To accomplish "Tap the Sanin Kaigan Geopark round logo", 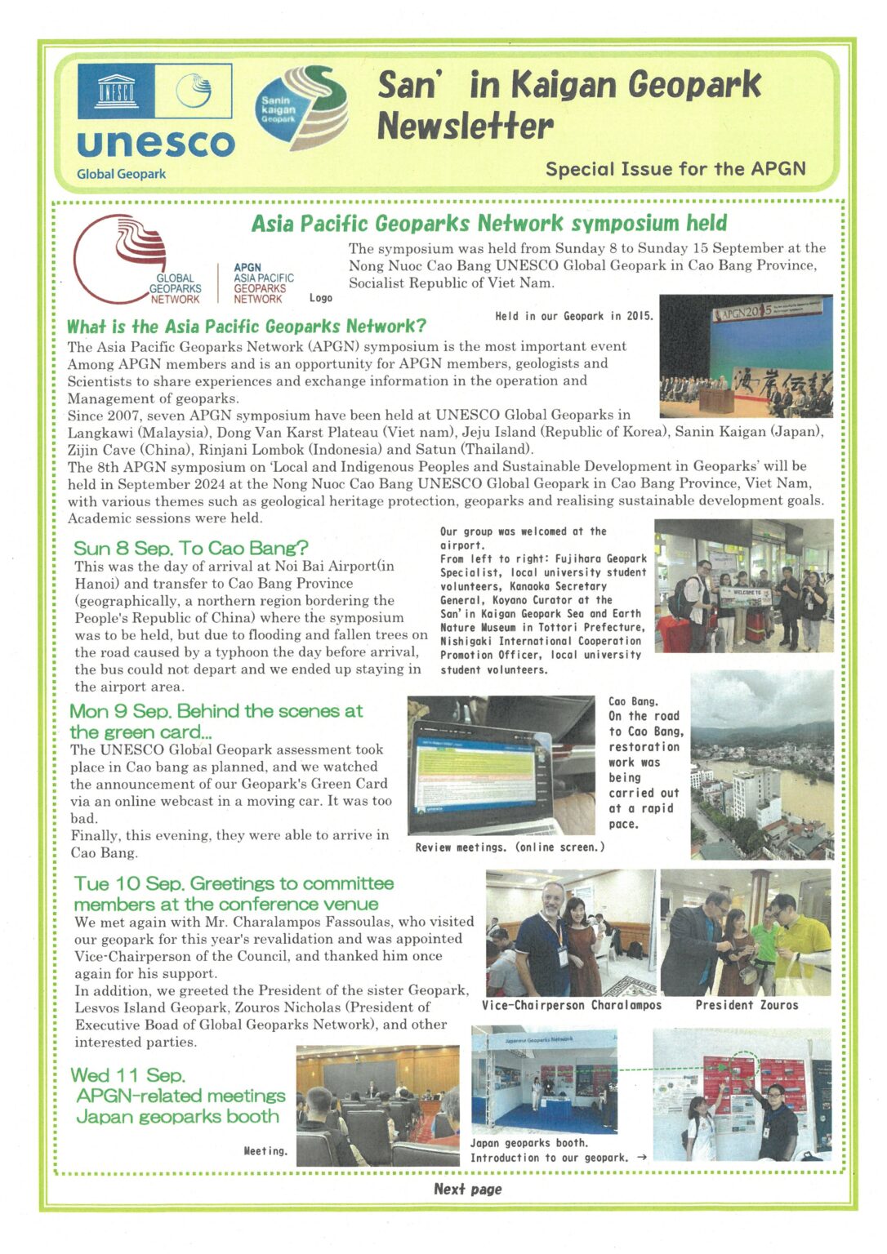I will click(x=301, y=109).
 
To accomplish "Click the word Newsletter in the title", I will click(x=465, y=127).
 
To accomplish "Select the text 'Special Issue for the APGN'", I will click(x=675, y=169).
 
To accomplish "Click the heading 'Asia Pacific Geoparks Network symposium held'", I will click(x=488, y=223).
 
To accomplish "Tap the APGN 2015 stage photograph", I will click(x=746, y=357).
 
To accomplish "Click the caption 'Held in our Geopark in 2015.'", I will click(x=573, y=316).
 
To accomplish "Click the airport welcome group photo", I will click(x=743, y=586).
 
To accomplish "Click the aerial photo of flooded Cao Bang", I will click(x=761, y=764).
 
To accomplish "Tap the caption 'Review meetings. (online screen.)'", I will click(x=510, y=847).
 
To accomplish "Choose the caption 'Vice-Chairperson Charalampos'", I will click(x=572, y=1005).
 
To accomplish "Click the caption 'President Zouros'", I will click(x=747, y=1005).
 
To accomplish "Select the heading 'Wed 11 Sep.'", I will click(x=128, y=1075).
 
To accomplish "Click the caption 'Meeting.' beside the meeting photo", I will click(x=265, y=1151).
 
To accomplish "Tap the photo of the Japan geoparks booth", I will click(x=544, y=1082).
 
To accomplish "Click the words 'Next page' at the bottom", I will click(x=467, y=1190).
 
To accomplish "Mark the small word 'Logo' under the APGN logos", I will click(x=321, y=298).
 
